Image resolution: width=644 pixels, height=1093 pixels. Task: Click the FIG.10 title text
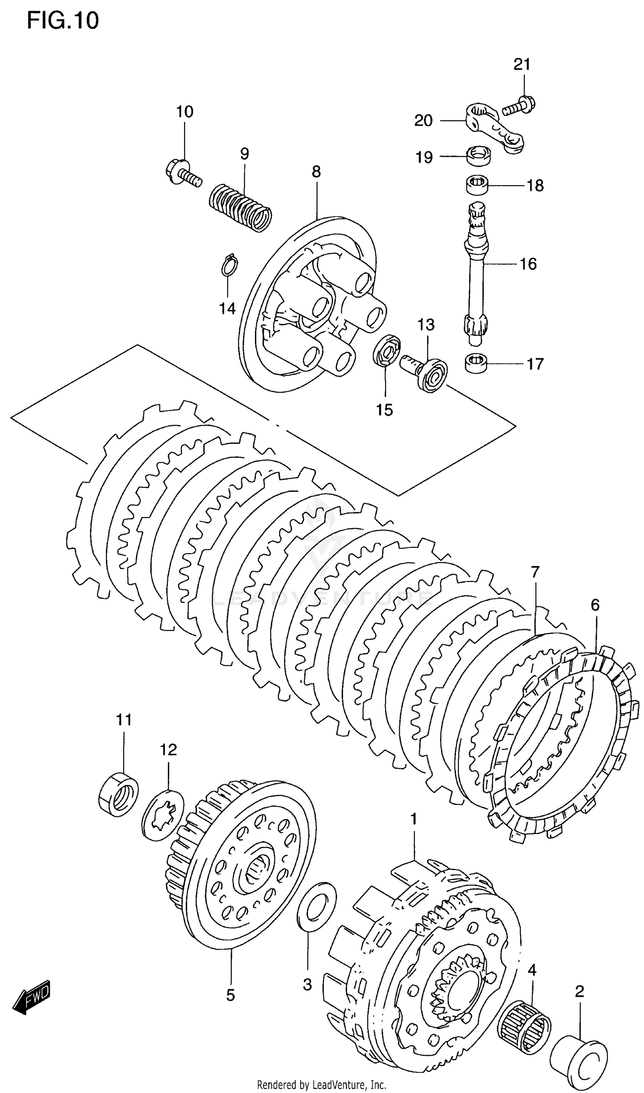pos(63,21)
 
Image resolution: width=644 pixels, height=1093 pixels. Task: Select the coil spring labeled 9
pos(240,207)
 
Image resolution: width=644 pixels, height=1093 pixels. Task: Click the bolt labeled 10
pos(182,173)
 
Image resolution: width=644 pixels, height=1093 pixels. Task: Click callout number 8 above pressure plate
pos(316,172)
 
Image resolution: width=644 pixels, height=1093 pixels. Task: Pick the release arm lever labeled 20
pos(495,128)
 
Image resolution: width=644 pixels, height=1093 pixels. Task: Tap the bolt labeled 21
pos(519,106)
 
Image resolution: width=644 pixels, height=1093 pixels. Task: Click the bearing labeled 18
pos(477,186)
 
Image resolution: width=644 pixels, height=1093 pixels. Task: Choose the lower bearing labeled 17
pos(476,363)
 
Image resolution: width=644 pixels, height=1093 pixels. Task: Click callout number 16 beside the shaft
pos(528,264)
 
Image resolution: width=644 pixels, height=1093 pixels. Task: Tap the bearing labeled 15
pos(387,350)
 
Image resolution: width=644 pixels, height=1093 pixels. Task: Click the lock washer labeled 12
pos(163,816)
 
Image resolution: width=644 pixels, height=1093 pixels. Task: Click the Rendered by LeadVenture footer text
pos(322,1085)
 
